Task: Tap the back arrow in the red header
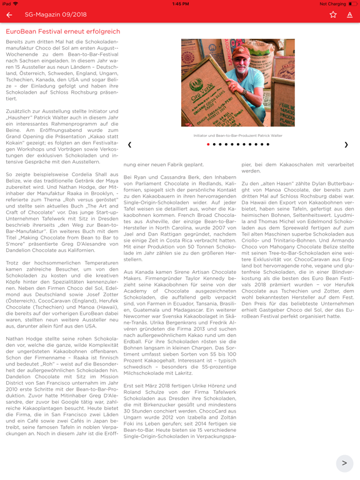coord(9,14)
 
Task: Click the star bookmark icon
coord(333,14)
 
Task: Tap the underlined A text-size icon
coord(349,14)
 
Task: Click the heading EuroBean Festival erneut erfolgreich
coord(63,31)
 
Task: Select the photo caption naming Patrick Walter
coord(237,136)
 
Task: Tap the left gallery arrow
coord(130,145)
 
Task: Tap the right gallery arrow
coord(346,145)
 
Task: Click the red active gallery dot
coord(209,144)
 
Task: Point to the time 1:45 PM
coord(180,4)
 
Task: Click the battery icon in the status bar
coord(352,4)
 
